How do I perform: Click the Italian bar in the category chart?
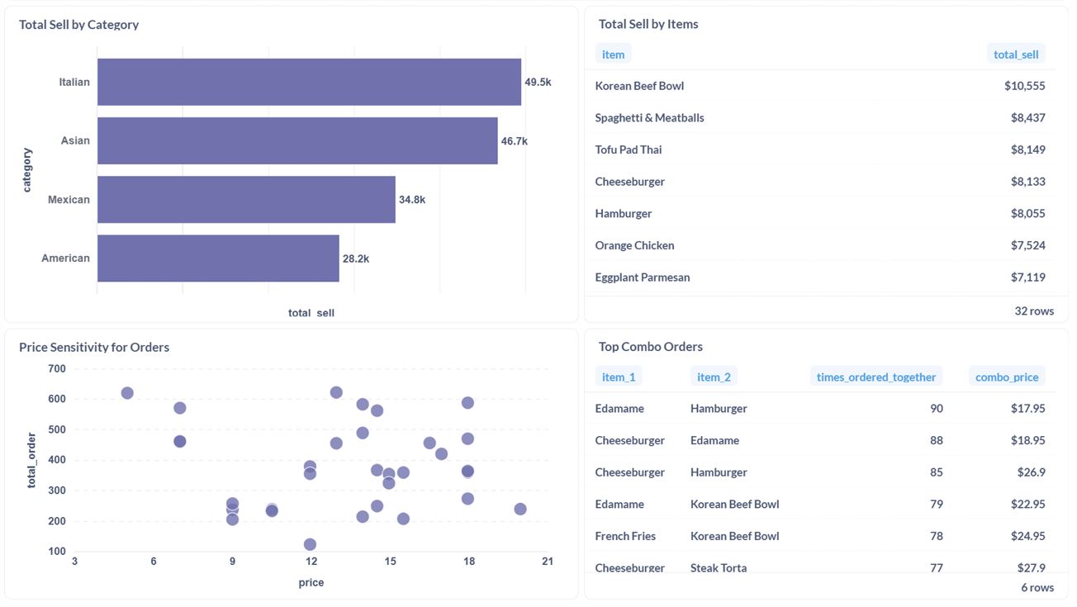click(x=309, y=82)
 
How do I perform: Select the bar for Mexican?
click(x=246, y=199)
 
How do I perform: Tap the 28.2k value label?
click(x=356, y=258)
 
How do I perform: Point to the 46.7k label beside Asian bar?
click(x=514, y=141)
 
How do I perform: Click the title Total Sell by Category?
click(x=78, y=25)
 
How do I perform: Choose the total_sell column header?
click(x=1015, y=54)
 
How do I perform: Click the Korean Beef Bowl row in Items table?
click(x=639, y=86)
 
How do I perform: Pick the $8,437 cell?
click(x=1027, y=117)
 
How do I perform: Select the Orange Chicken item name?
click(x=634, y=245)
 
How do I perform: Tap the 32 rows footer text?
click(x=1034, y=311)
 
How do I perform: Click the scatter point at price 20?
click(x=520, y=509)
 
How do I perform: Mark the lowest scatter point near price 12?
click(x=310, y=544)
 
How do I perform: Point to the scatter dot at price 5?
click(x=127, y=393)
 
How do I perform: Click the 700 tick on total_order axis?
click(x=57, y=368)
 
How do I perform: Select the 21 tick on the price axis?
click(x=547, y=562)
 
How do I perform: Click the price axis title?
click(x=311, y=582)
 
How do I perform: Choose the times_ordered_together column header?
click(x=875, y=377)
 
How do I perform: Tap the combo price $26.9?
click(x=1031, y=472)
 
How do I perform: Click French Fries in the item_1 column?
click(x=625, y=536)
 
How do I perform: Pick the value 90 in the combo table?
click(x=936, y=408)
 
